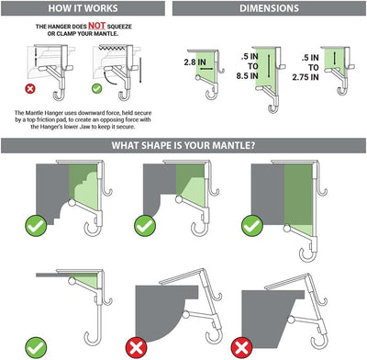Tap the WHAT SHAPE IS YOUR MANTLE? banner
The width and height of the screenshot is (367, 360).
tap(183, 146)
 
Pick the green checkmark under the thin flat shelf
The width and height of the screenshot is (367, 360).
tap(36, 346)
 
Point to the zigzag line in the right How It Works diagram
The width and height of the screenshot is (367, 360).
tap(117, 45)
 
